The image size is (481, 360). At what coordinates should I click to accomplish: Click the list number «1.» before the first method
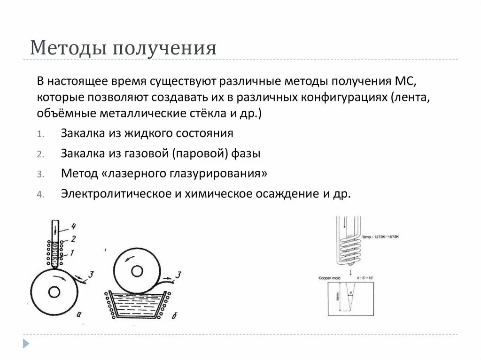(41, 134)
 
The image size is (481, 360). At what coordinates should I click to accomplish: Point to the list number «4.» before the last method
(40, 194)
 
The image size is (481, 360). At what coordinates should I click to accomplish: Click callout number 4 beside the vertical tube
(74, 227)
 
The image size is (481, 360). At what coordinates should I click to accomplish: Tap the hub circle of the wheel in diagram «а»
(54, 292)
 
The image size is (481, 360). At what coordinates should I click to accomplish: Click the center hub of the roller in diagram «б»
(137, 271)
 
